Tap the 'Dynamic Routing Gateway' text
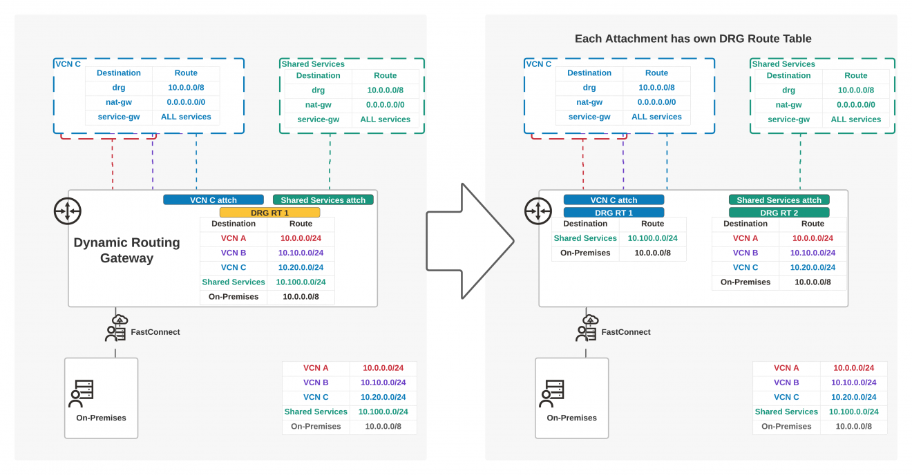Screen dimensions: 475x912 [x=126, y=250]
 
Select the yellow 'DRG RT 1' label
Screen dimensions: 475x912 [x=269, y=213]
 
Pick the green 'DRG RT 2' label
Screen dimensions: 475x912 [x=779, y=213]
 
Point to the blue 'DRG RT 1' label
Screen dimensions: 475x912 [x=614, y=213]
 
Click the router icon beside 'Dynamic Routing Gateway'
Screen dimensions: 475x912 [x=68, y=211]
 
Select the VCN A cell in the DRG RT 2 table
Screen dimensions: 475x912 [x=745, y=238]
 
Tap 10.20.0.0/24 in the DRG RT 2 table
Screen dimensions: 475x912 [x=813, y=267]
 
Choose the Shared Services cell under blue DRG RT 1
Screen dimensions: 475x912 [x=585, y=238]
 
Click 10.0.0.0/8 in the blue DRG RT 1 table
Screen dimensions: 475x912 [x=652, y=253]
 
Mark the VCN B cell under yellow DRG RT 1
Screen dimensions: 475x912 [x=234, y=253]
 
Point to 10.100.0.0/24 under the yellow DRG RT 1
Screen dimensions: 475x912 [x=301, y=282]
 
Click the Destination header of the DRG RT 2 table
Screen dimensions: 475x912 [x=745, y=224]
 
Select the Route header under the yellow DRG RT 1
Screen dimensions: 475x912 [x=301, y=224]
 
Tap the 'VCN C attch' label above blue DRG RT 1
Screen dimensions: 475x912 [x=614, y=200]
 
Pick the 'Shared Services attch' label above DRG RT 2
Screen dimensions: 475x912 [x=779, y=200]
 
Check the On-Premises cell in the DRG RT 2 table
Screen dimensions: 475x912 [x=745, y=282]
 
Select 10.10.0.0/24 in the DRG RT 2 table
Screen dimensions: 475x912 [x=813, y=253]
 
